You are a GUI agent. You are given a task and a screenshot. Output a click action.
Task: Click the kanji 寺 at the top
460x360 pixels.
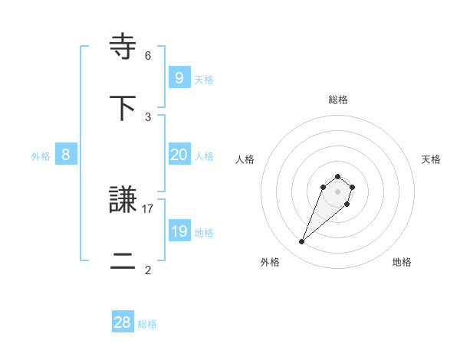pyautogui.click(x=123, y=46)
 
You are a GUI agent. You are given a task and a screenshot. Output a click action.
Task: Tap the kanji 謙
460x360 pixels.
pyautogui.click(x=123, y=201)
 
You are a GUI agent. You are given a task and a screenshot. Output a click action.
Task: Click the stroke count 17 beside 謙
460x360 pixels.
pyautogui.click(x=148, y=208)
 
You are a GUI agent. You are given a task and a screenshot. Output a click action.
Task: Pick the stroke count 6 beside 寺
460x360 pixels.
pyautogui.click(x=148, y=55)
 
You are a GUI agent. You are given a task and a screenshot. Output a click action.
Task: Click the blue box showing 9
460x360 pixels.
pyautogui.click(x=179, y=77)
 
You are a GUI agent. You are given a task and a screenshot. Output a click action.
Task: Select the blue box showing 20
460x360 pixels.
pyautogui.click(x=179, y=155)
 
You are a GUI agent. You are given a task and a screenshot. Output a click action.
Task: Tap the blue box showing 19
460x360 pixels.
pyautogui.click(x=179, y=231)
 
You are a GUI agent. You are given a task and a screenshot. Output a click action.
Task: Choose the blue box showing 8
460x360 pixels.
pyautogui.click(x=65, y=155)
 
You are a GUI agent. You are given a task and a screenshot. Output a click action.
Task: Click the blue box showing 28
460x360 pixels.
pyautogui.click(x=123, y=322)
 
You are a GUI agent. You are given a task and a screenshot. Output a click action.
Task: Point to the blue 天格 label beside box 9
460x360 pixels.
pyautogui.click(x=203, y=79)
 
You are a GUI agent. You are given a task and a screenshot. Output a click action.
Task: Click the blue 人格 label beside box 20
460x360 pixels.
pyautogui.click(x=203, y=156)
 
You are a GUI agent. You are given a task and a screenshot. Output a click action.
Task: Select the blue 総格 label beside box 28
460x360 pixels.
pyautogui.click(x=147, y=324)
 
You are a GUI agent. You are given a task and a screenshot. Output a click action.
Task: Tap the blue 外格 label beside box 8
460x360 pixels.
pyautogui.click(x=41, y=156)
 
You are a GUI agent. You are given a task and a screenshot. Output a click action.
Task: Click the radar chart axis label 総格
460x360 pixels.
pyautogui.click(x=338, y=100)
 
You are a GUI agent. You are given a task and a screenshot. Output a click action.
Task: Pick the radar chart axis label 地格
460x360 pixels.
pyautogui.click(x=402, y=262)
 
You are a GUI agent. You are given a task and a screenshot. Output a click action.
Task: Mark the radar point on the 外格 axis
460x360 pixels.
pyautogui.click(x=302, y=242)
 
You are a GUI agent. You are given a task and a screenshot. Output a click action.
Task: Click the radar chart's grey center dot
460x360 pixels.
pyautogui.click(x=338, y=191)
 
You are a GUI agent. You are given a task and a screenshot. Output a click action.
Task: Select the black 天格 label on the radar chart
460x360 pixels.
pyautogui.click(x=431, y=159)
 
